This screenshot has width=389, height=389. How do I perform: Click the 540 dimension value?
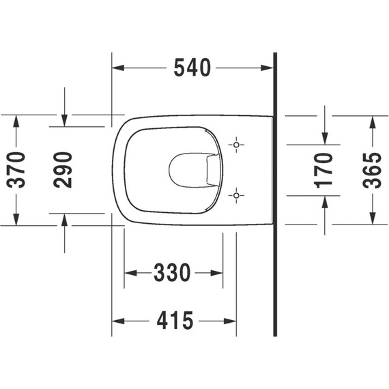pos(192,68)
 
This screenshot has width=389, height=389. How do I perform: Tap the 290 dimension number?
pos(63,170)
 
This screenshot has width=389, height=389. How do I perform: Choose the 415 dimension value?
pos(173,320)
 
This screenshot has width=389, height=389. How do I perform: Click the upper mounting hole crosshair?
pos(236,145)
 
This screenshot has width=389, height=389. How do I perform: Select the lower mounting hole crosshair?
pos(236,196)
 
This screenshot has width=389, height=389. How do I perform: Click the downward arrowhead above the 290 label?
pos(63,121)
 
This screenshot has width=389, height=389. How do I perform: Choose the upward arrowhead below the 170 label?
pos(325,200)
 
